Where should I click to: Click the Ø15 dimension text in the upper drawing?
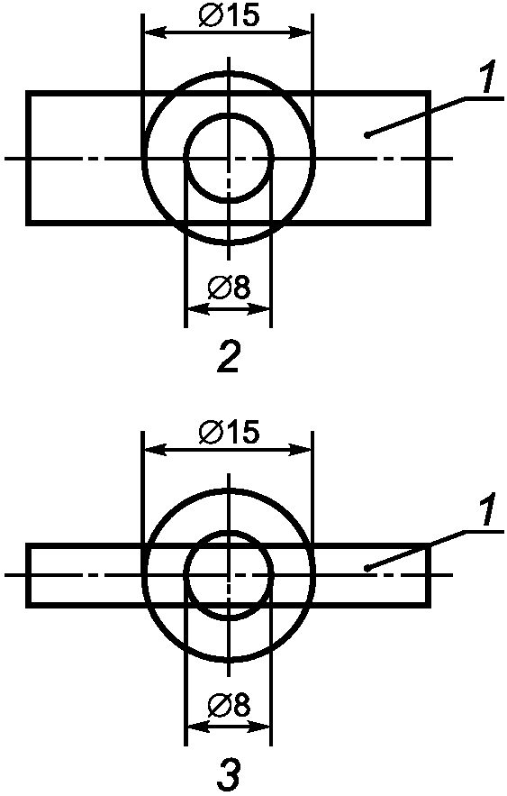[x=229, y=15]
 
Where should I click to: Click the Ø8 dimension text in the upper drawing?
[x=229, y=288]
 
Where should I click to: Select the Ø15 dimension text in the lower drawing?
[x=229, y=432]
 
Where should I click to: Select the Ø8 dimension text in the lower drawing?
[x=229, y=705]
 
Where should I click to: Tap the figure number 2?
[x=228, y=356]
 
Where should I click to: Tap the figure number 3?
[x=230, y=773]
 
